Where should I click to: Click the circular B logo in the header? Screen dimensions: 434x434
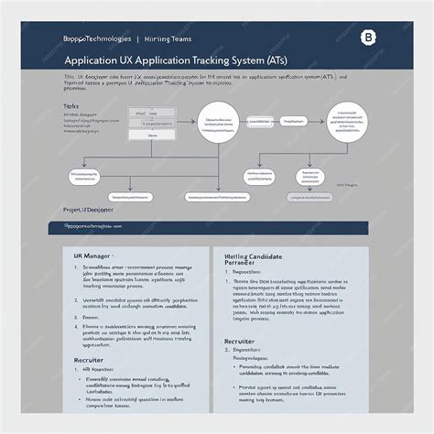(x=369, y=38)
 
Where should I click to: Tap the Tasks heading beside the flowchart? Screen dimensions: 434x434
(x=71, y=106)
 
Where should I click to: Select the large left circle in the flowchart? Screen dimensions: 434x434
(x=218, y=125)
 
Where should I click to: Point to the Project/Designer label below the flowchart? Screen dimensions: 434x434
(x=89, y=208)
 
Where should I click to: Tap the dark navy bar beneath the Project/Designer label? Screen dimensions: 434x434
(x=216, y=226)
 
